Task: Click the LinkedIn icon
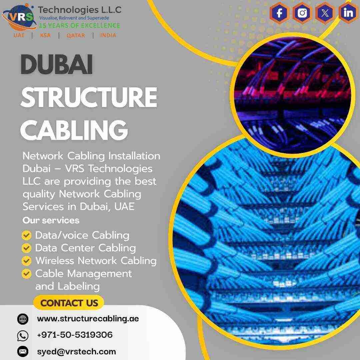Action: [x=348, y=13]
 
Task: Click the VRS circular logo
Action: [x=18, y=17]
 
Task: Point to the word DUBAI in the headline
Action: [x=57, y=65]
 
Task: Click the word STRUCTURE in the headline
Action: [x=89, y=97]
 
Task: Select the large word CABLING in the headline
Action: [x=74, y=130]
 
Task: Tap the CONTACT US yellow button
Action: [x=69, y=303]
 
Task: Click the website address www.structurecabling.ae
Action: [x=88, y=318]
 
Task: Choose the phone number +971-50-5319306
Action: [x=75, y=335]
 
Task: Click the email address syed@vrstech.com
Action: [x=77, y=351]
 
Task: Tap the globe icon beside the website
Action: [x=23, y=319]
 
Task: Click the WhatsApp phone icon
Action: [x=23, y=335]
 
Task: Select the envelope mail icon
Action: [x=23, y=351]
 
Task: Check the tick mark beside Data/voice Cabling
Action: [x=26, y=236]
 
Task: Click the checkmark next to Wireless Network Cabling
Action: [x=26, y=261]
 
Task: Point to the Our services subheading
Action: [x=51, y=220]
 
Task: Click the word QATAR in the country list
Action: [x=76, y=35]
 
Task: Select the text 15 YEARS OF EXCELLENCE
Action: [x=79, y=25]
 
